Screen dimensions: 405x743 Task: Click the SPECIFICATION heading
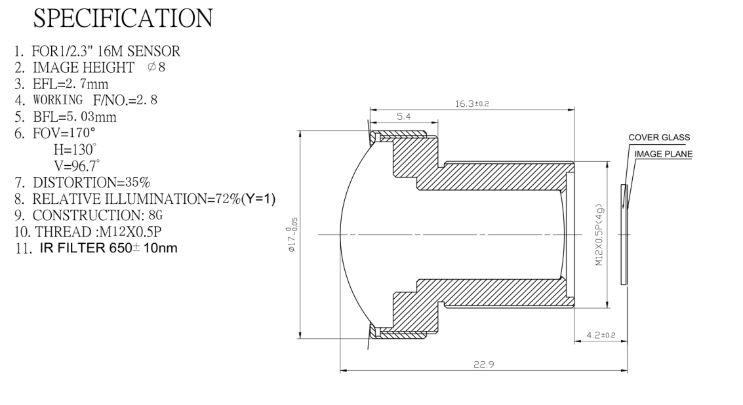pyautogui.click(x=123, y=19)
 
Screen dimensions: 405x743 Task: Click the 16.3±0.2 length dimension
pyautogui.click(x=472, y=104)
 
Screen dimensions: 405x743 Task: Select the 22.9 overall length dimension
pyautogui.click(x=484, y=365)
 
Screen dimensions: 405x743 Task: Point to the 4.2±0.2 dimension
pyautogui.click(x=600, y=335)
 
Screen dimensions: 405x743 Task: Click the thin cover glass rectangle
pyautogui.click(x=624, y=234)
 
